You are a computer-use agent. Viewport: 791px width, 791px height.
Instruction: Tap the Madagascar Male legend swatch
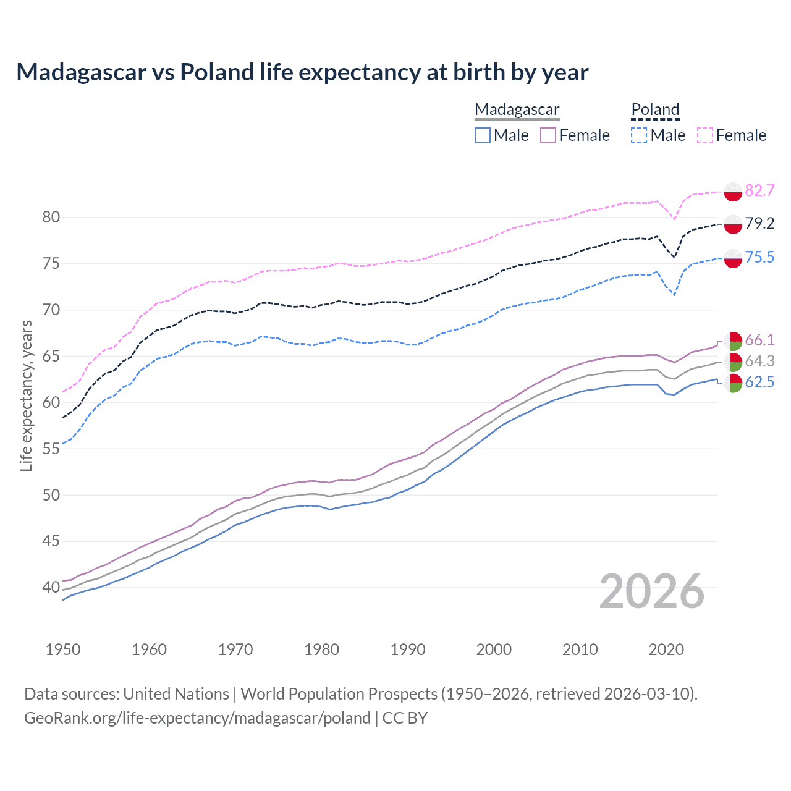[x=483, y=135]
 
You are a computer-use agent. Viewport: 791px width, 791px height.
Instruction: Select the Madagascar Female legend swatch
[x=548, y=135]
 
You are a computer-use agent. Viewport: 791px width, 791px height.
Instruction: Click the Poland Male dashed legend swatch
[x=639, y=135]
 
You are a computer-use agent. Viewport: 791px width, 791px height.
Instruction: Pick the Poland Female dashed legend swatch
[x=705, y=135]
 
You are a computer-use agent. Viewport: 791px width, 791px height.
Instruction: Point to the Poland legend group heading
[x=655, y=109]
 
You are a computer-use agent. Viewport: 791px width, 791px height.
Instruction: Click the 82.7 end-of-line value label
[x=759, y=190]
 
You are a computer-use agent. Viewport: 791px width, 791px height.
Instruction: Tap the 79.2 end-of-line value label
[x=759, y=223]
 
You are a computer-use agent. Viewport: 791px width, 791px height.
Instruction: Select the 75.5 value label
[x=759, y=257]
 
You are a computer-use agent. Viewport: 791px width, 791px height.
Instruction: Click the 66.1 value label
[x=759, y=340]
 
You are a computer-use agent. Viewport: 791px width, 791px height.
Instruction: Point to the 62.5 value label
[x=759, y=383]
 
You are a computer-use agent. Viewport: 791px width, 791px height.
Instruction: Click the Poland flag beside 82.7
[x=733, y=192]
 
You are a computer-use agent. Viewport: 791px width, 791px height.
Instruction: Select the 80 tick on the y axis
[x=51, y=217]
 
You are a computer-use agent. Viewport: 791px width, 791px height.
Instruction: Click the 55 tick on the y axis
[x=51, y=449]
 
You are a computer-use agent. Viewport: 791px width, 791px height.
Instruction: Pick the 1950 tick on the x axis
[x=63, y=649]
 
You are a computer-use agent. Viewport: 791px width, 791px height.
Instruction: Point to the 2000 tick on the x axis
[x=494, y=649]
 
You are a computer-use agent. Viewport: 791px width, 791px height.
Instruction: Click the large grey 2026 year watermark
[x=652, y=591]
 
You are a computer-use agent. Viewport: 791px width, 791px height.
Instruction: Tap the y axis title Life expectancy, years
[x=26, y=395]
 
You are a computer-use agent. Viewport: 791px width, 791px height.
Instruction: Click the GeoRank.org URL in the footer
[x=197, y=718]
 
